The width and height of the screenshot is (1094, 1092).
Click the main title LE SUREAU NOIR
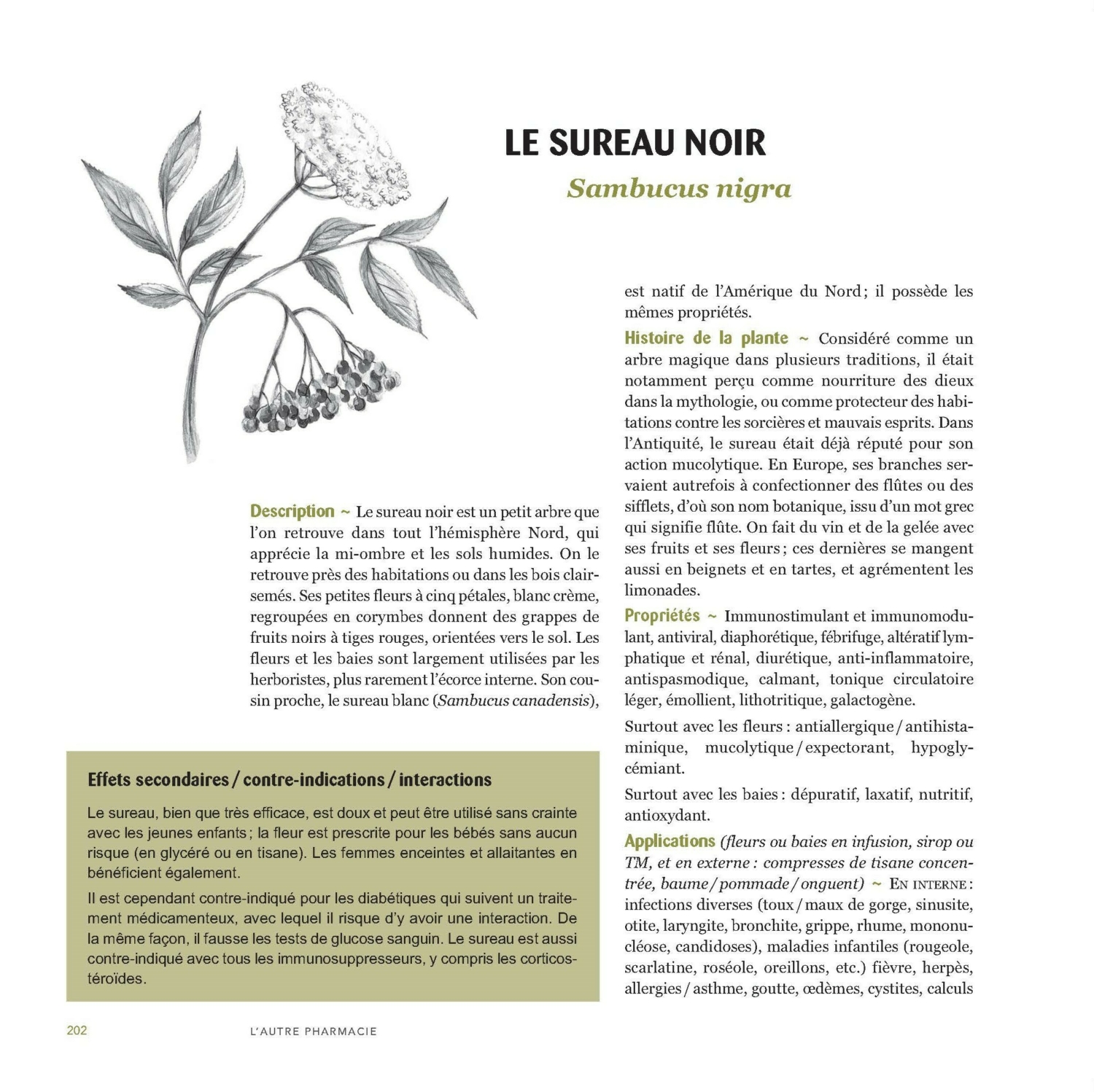click(635, 143)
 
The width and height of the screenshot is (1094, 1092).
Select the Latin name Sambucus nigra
click(678, 189)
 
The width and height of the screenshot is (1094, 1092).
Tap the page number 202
click(77, 1030)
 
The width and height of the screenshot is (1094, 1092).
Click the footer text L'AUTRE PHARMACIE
click(313, 1031)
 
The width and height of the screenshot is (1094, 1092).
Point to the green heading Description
click(292, 511)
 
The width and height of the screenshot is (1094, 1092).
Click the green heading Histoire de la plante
click(706, 338)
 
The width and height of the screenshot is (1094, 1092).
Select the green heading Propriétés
click(662, 616)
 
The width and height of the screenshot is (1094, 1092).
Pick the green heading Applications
click(670, 841)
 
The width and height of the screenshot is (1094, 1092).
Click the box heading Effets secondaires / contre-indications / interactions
click(289, 779)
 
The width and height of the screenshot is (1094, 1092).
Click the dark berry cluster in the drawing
click(321, 394)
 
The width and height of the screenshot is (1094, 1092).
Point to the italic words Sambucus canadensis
click(514, 701)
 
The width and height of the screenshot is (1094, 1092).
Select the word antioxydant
click(667, 816)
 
